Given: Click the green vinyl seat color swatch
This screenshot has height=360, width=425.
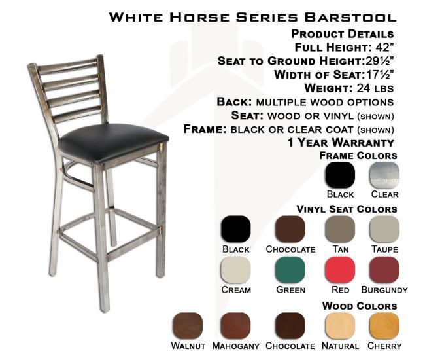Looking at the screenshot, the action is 290,270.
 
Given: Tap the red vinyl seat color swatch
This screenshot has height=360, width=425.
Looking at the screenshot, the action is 340,270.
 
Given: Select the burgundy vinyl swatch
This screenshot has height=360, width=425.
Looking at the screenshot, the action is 384,270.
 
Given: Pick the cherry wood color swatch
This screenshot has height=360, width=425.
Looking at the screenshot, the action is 384,326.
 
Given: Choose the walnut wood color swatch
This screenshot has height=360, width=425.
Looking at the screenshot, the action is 188,326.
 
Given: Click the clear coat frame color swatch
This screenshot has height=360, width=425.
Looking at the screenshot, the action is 384,175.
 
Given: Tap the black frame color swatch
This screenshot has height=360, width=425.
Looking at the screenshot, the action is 340,175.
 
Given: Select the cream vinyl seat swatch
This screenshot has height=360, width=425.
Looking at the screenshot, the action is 236,270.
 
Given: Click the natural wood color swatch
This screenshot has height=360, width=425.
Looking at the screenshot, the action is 340,326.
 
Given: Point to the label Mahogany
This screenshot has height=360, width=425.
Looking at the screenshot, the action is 235,346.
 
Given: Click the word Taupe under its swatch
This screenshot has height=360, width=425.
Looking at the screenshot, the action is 384,249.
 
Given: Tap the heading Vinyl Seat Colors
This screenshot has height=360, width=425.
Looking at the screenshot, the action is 347,209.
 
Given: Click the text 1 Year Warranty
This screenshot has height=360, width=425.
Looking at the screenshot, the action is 341,143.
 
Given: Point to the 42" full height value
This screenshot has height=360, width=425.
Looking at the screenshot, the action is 384,47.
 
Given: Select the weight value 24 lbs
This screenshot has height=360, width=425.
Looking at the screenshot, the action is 375,88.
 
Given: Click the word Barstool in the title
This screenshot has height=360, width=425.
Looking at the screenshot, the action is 350,17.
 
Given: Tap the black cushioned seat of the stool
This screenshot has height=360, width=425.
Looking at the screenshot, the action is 114,142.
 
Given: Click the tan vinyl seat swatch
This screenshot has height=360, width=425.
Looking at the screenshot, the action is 340,229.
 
